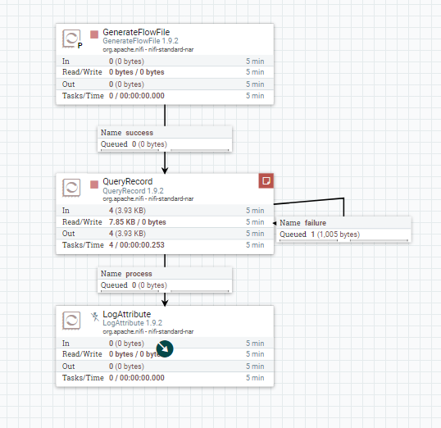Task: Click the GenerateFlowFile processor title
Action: (136, 32)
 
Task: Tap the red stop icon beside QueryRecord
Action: (94, 184)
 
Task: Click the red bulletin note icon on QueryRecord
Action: (266, 180)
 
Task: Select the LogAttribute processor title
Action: (126, 314)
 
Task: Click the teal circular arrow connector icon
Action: (165, 349)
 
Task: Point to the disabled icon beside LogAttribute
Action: (95, 316)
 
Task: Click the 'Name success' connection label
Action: (127, 133)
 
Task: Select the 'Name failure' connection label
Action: (303, 223)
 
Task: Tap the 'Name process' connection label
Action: (126, 274)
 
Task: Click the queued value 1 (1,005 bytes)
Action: (335, 234)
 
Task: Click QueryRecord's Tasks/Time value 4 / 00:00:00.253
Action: (137, 245)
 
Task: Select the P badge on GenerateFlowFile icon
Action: (80, 46)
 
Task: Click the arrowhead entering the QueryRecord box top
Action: (165, 171)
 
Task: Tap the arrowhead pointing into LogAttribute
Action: (165, 303)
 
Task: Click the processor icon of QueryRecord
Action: (71, 188)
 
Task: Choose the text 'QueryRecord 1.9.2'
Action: (133, 191)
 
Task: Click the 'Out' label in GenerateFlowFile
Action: (68, 84)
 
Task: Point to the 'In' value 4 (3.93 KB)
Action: (127, 211)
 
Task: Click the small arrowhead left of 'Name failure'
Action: (275, 223)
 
